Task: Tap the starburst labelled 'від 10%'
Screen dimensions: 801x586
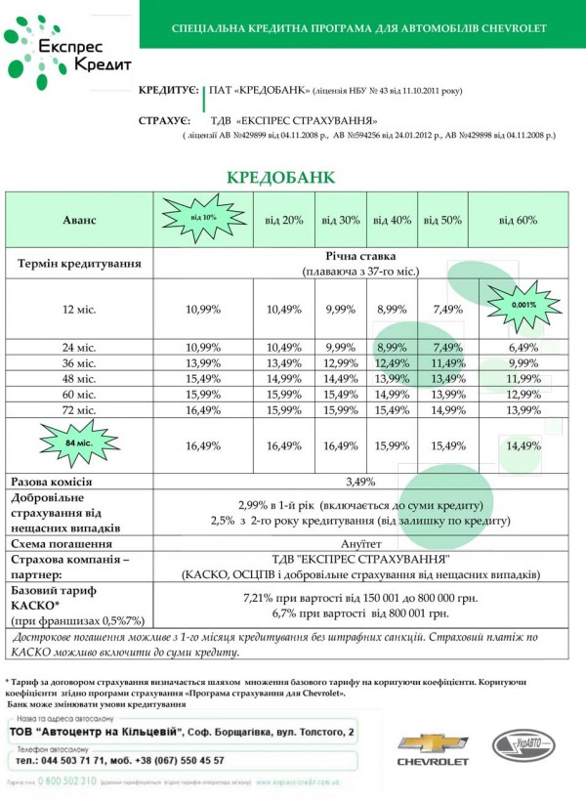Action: tap(202, 217)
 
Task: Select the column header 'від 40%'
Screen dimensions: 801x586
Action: tap(393, 220)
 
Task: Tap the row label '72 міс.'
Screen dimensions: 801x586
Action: tap(80, 410)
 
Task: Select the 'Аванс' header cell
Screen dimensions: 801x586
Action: tap(80, 220)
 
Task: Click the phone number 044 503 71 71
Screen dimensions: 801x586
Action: tap(85, 759)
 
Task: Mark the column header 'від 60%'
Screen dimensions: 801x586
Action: tap(518, 220)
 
